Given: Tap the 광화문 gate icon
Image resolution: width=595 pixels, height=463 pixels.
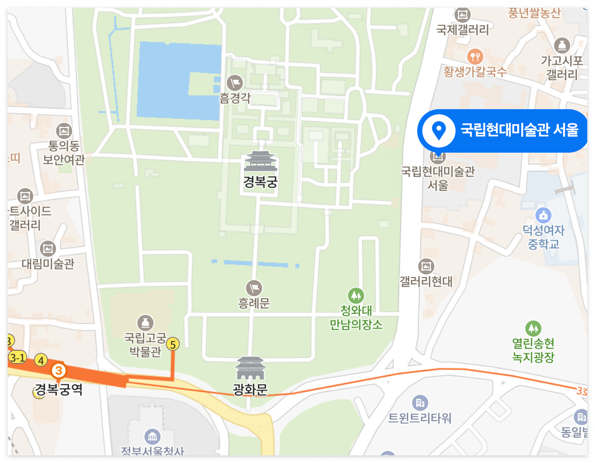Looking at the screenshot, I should pos(251,368).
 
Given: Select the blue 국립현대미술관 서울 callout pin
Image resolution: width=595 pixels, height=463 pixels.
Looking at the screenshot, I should pos(438,131).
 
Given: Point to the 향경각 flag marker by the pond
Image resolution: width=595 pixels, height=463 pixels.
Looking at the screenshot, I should pos(235,81).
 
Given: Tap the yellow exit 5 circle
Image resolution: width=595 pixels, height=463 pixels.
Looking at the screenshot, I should pos(173,344).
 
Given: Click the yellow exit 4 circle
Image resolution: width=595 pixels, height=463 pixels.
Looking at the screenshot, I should pos(41,360).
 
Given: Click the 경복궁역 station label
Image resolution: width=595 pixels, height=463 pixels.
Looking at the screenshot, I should pos(59,390).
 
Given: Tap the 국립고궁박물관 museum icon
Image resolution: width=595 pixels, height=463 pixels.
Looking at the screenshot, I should pos(145,322).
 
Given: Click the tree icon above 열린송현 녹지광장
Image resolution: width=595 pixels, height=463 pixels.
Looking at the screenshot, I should pos(533,329).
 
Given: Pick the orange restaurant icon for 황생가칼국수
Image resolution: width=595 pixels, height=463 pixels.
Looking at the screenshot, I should pos(475,55).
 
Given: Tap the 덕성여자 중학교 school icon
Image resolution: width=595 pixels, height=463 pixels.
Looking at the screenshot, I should pos(543,215).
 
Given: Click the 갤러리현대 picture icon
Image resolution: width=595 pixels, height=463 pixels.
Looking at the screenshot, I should pos(426,266).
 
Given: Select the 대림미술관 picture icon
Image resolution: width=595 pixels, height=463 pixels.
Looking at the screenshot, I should pos(48,248).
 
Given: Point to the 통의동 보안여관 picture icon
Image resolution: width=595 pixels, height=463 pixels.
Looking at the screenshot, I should pos(64,131).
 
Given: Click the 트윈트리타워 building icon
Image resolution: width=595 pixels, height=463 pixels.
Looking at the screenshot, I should pos(420,402).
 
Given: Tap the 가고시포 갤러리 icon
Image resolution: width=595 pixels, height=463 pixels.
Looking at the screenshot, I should pos(562,45).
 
